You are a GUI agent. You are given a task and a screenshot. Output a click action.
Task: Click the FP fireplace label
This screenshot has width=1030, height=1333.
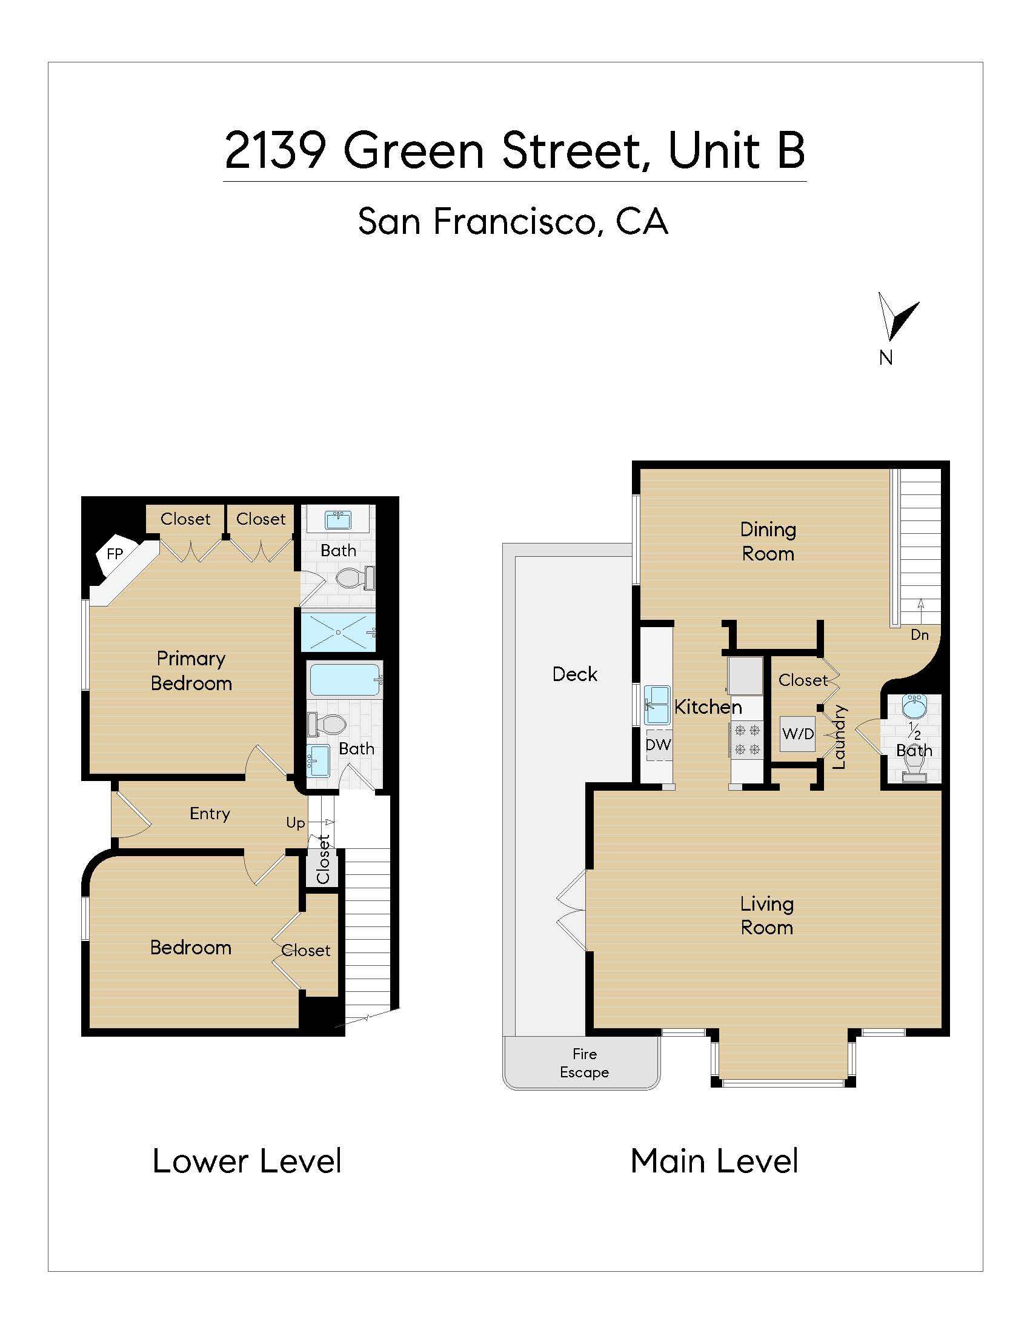[x=115, y=554]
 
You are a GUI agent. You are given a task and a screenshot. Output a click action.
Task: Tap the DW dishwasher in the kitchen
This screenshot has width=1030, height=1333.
[x=658, y=744]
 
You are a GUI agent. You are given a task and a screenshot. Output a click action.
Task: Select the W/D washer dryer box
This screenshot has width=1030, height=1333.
[x=797, y=734]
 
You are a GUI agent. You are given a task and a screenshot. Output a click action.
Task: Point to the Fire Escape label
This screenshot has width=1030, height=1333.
[x=584, y=1063]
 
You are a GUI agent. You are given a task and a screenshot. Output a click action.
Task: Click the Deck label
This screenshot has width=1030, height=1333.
[x=574, y=674]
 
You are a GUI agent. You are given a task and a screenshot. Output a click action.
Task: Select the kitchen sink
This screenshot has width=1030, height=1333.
[x=657, y=705]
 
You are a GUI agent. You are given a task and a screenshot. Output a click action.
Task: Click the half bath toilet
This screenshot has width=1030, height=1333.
[x=914, y=774]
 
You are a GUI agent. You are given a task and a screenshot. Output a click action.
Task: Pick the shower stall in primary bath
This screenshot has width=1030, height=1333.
[x=337, y=633]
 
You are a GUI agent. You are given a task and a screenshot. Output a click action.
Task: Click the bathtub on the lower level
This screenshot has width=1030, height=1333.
[x=345, y=679]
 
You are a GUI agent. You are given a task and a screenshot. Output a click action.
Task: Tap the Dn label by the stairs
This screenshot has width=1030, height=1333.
[x=919, y=635]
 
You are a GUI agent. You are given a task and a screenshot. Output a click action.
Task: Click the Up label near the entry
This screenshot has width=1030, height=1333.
[x=295, y=823]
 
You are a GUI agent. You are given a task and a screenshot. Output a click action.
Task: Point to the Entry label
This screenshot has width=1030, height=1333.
[x=209, y=813]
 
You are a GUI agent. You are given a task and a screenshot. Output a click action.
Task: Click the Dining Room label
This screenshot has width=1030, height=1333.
[x=768, y=541]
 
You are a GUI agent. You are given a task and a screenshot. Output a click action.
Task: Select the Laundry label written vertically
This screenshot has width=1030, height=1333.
[x=840, y=736]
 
